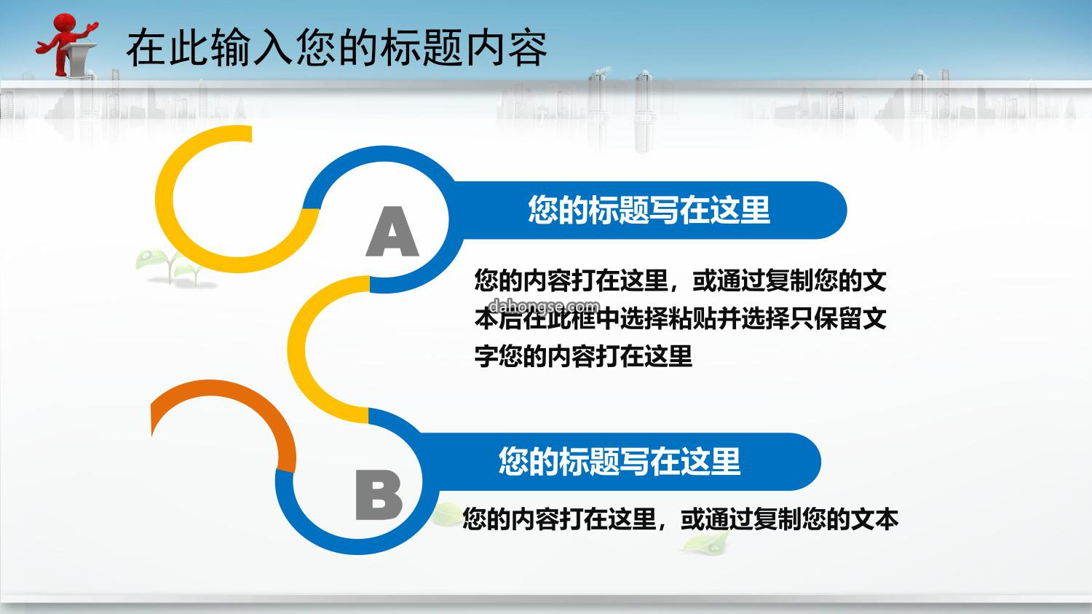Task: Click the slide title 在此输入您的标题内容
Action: pos(337,48)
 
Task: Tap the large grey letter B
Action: pos(379,495)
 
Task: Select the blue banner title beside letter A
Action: pos(649,210)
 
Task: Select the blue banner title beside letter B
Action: pos(620,461)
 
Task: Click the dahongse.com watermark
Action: pos(544,306)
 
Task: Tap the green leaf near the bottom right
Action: pos(707,542)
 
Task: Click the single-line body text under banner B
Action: pos(680,519)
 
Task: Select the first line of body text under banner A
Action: pos(680,280)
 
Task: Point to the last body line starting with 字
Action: pos(583,356)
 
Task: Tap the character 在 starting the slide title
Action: pos(146,48)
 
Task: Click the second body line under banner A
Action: pos(680,318)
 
